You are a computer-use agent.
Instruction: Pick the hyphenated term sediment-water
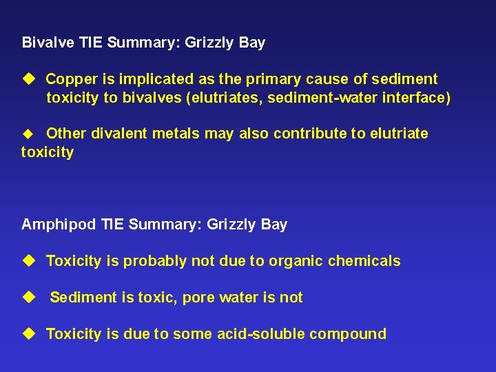tap(324, 98)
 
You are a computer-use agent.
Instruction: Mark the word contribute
tap(311, 133)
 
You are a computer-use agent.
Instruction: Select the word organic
tap(297, 261)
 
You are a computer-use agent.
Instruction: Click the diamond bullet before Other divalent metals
tap(28, 133)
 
